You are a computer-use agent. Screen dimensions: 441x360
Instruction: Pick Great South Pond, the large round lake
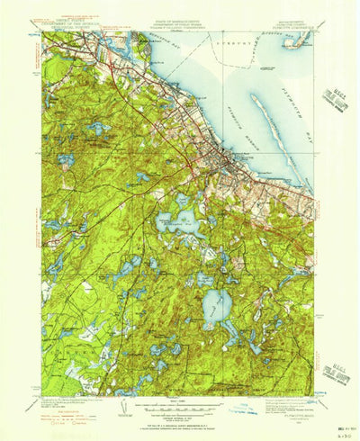point(216,305)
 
